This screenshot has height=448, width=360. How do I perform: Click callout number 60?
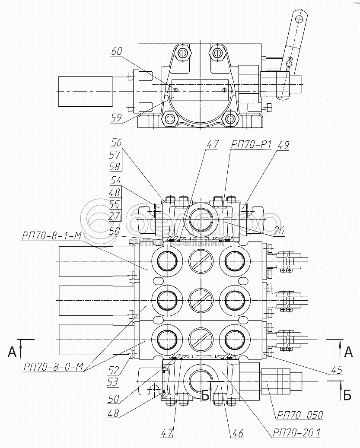pyautogui.click(x=116, y=51)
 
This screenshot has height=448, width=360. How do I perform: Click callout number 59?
pyautogui.click(x=116, y=118)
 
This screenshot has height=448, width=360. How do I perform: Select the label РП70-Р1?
pyautogui.click(x=251, y=145)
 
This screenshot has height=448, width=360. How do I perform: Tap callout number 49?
pyautogui.click(x=283, y=145)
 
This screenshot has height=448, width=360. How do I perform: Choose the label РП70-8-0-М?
pyautogui.click(x=54, y=367)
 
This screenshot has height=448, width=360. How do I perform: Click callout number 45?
pyautogui.click(x=337, y=369)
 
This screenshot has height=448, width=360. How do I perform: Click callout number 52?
pyautogui.click(x=113, y=371)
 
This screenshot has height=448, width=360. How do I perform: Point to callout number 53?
pyautogui.click(x=113, y=382)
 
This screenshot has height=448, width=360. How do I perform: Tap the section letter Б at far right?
pyautogui.click(x=347, y=395)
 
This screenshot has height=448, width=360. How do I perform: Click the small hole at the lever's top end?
pyautogui.click(x=299, y=19)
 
